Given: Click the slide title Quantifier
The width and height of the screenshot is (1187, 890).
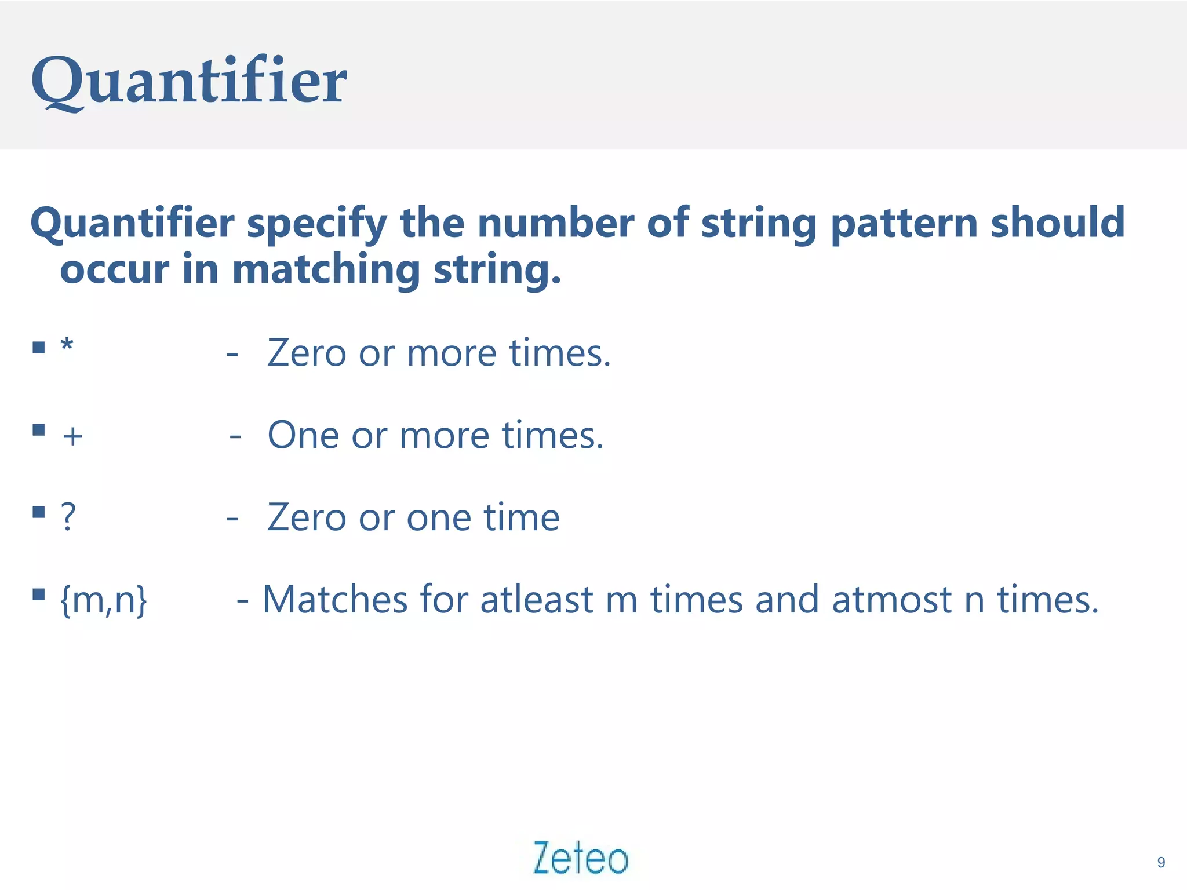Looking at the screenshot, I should pyautogui.click(x=189, y=81).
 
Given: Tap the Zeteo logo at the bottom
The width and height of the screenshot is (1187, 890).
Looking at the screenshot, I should pyautogui.click(x=581, y=858).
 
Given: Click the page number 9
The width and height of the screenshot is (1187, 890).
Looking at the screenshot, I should pyautogui.click(x=1160, y=862).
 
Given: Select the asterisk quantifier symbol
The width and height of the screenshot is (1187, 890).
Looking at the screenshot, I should pyautogui.click(x=67, y=345).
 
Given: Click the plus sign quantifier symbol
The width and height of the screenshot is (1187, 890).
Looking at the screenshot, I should pyautogui.click(x=72, y=436).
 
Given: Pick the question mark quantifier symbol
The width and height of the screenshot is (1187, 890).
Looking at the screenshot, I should pyautogui.click(x=68, y=516).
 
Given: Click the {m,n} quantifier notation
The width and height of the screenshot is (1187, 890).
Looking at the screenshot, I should pyautogui.click(x=104, y=600).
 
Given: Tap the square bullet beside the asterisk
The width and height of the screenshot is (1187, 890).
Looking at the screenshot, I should pyautogui.click(x=39, y=347).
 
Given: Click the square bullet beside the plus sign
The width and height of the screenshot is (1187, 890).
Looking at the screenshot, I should pyautogui.click(x=39, y=429).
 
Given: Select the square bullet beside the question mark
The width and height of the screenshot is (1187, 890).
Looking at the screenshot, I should pyautogui.click(x=39, y=512).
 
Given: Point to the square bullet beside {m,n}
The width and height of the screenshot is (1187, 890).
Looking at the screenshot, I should pyautogui.click(x=39, y=594).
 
